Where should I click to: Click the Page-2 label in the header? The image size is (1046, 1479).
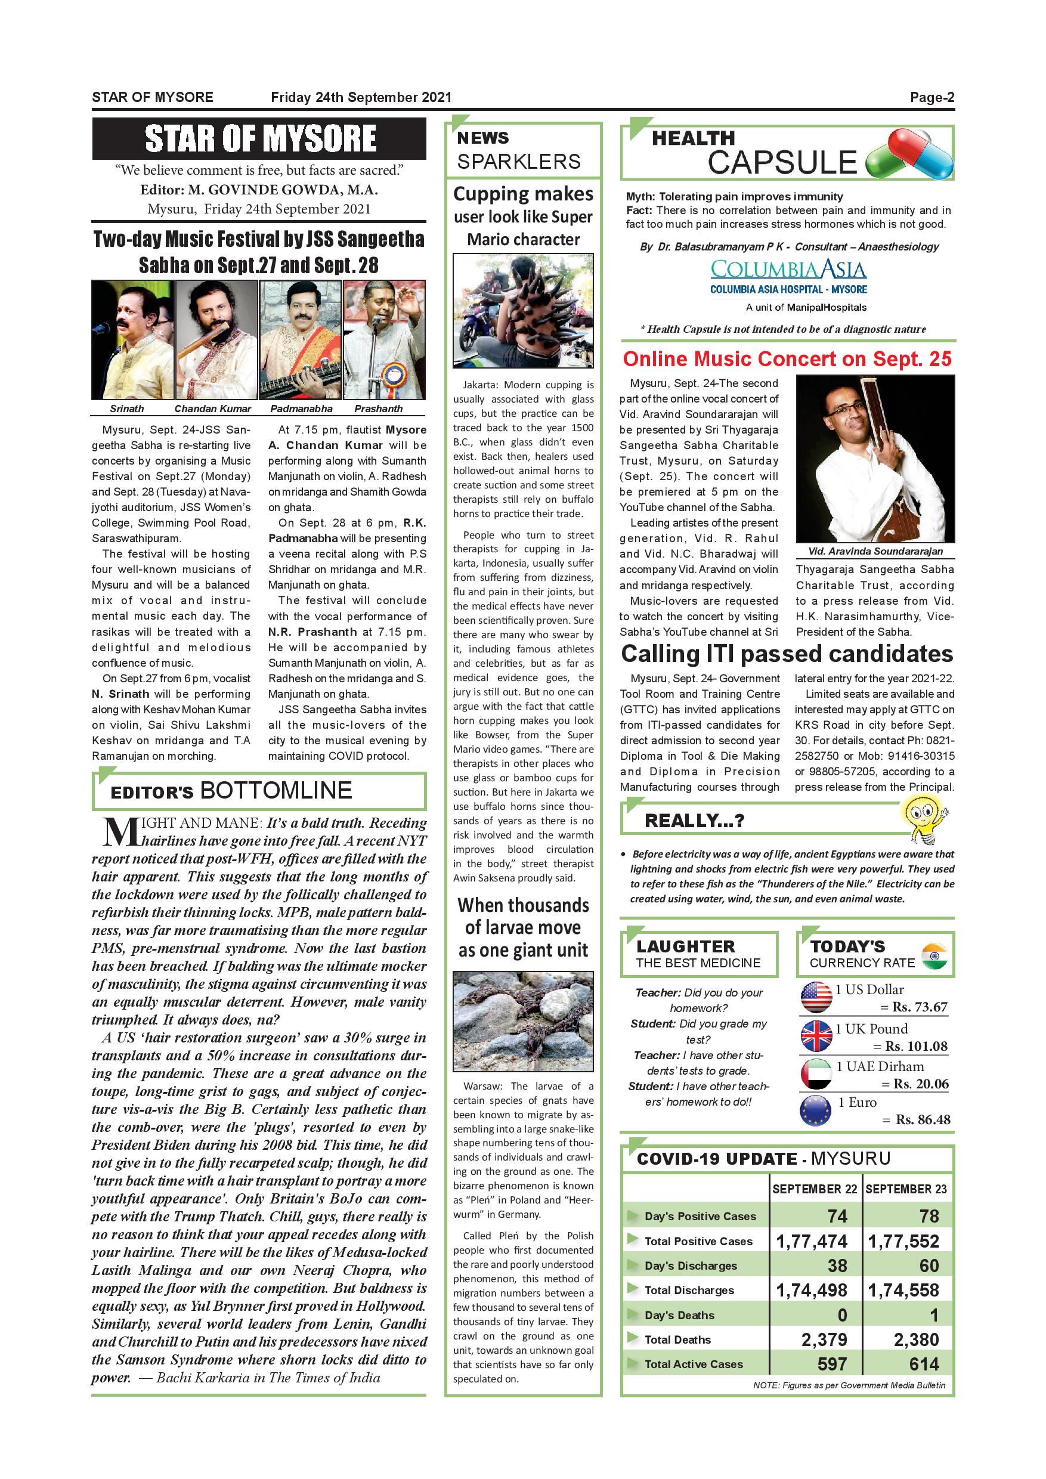pos(932,97)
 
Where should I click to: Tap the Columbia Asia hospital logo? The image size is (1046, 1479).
pos(788,277)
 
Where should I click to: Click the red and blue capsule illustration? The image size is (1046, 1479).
pos(910,153)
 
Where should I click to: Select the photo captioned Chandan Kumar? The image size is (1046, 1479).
pos(216,339)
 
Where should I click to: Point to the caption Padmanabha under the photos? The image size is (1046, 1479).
pos(301,409)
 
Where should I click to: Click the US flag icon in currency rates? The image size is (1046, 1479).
pos(815,997)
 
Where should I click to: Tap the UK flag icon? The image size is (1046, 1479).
pos(815,1036)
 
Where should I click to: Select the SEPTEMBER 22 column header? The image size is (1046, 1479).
pos(814,1189)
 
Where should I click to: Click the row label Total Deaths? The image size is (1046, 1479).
pos(677,1339)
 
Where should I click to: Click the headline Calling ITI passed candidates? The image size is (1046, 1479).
pos(787,654)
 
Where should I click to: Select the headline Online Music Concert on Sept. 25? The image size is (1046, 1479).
pos(787,359)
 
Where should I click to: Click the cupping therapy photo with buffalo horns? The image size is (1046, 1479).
pos(523,311)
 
